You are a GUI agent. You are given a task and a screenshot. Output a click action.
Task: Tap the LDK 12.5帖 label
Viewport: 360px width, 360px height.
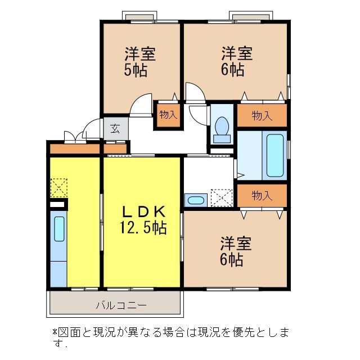142,220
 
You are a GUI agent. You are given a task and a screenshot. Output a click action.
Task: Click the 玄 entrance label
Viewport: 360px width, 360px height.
115,128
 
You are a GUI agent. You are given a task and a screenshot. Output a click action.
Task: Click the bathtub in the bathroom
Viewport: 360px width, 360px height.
275,155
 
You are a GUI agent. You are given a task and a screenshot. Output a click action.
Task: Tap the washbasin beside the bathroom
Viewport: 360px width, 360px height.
196,200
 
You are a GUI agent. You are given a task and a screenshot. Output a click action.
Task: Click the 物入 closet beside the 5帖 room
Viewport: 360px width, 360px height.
168,115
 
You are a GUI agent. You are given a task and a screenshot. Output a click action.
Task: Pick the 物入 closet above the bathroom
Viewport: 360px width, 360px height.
262,116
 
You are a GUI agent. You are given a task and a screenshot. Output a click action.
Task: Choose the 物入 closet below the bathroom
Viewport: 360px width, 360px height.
262,196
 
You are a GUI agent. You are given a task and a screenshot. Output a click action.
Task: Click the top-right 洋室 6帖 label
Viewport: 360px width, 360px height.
236,61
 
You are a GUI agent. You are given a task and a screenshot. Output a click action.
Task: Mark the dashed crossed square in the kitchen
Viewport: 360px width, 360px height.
58,188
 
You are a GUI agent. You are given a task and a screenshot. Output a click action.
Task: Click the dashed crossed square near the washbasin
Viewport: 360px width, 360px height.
221,198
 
